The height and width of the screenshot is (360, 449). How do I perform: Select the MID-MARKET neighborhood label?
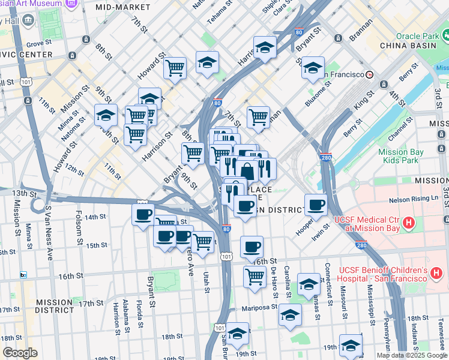click(x=122, y=7)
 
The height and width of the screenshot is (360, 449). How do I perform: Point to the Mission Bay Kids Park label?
click(x=401, y=157)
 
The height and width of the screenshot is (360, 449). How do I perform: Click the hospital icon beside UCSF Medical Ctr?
click(x=409, y=224)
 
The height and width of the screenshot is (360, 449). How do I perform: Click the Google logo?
click(x=20, y=353)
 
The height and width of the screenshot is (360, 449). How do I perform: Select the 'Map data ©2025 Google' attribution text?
click(x=412, y=355)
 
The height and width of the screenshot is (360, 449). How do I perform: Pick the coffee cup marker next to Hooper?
click(x=316, y=205)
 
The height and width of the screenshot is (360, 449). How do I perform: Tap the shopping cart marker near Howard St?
click(x=175, y=68)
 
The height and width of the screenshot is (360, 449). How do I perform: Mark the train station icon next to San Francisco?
click(x=370, y=74)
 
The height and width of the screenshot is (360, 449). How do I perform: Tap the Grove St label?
click(x=39, y=43)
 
